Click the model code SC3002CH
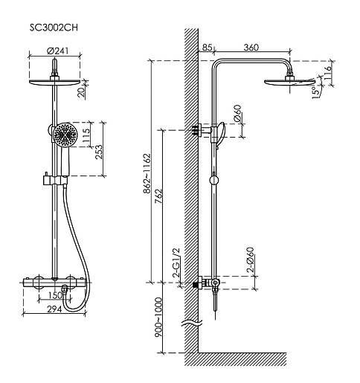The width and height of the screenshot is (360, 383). coord(54,28)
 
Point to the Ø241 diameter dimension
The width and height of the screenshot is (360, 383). coord(57,51)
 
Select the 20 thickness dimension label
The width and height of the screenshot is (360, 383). coord(82,92)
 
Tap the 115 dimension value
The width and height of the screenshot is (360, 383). coord(86,135)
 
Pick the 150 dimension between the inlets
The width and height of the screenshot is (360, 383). coord(55,295)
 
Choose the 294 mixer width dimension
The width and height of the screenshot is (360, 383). coord(54,309)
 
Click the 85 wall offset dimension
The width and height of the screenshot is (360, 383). coord(208,47)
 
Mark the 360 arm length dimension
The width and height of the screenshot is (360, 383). coord(251,47)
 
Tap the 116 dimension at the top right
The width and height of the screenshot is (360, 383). coord(328,73)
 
